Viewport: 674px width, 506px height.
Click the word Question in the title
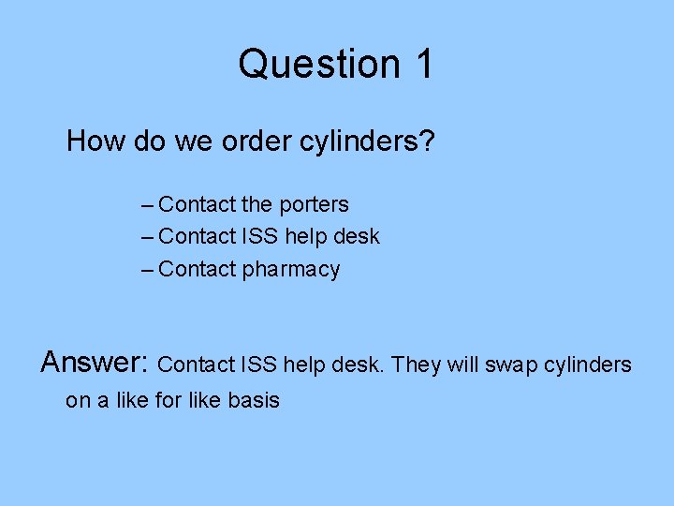point(317,64)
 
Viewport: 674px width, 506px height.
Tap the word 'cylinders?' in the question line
point(367,141)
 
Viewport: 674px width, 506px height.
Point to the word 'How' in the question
point(90,141)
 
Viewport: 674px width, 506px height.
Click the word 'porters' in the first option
point(314,204)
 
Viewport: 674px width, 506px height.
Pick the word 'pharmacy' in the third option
point(291,270)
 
